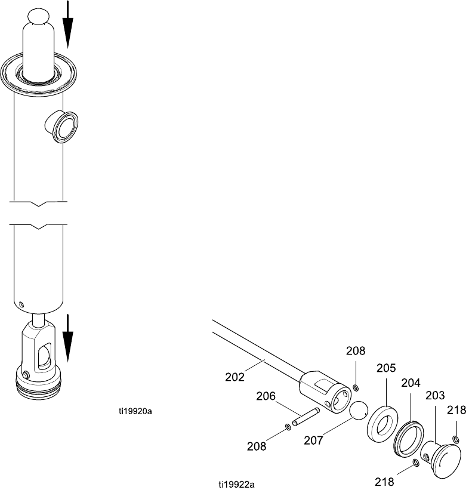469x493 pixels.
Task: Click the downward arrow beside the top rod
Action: [x=68, y=24]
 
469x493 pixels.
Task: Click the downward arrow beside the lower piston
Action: [x=68, y=338]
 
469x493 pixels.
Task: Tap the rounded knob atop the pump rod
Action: [x=39, y=16]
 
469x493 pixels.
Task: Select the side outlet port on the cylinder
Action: [x=62, y=127]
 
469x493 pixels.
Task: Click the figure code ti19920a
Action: [x=135, y=411]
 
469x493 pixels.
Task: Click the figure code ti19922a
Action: [x=236, y=485]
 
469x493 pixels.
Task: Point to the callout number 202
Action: [x=234, y=377]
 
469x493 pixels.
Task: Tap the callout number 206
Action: [x=266, y=396]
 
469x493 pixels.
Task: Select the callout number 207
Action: [x=313, y=440]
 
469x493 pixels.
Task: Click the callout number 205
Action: [x=386, y=368]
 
